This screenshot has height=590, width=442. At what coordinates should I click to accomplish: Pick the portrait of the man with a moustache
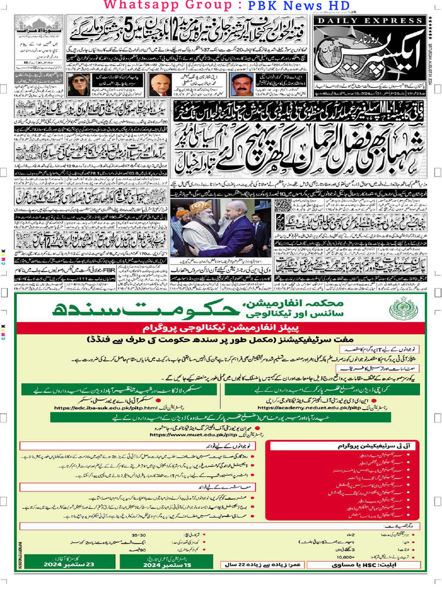[243, 85]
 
